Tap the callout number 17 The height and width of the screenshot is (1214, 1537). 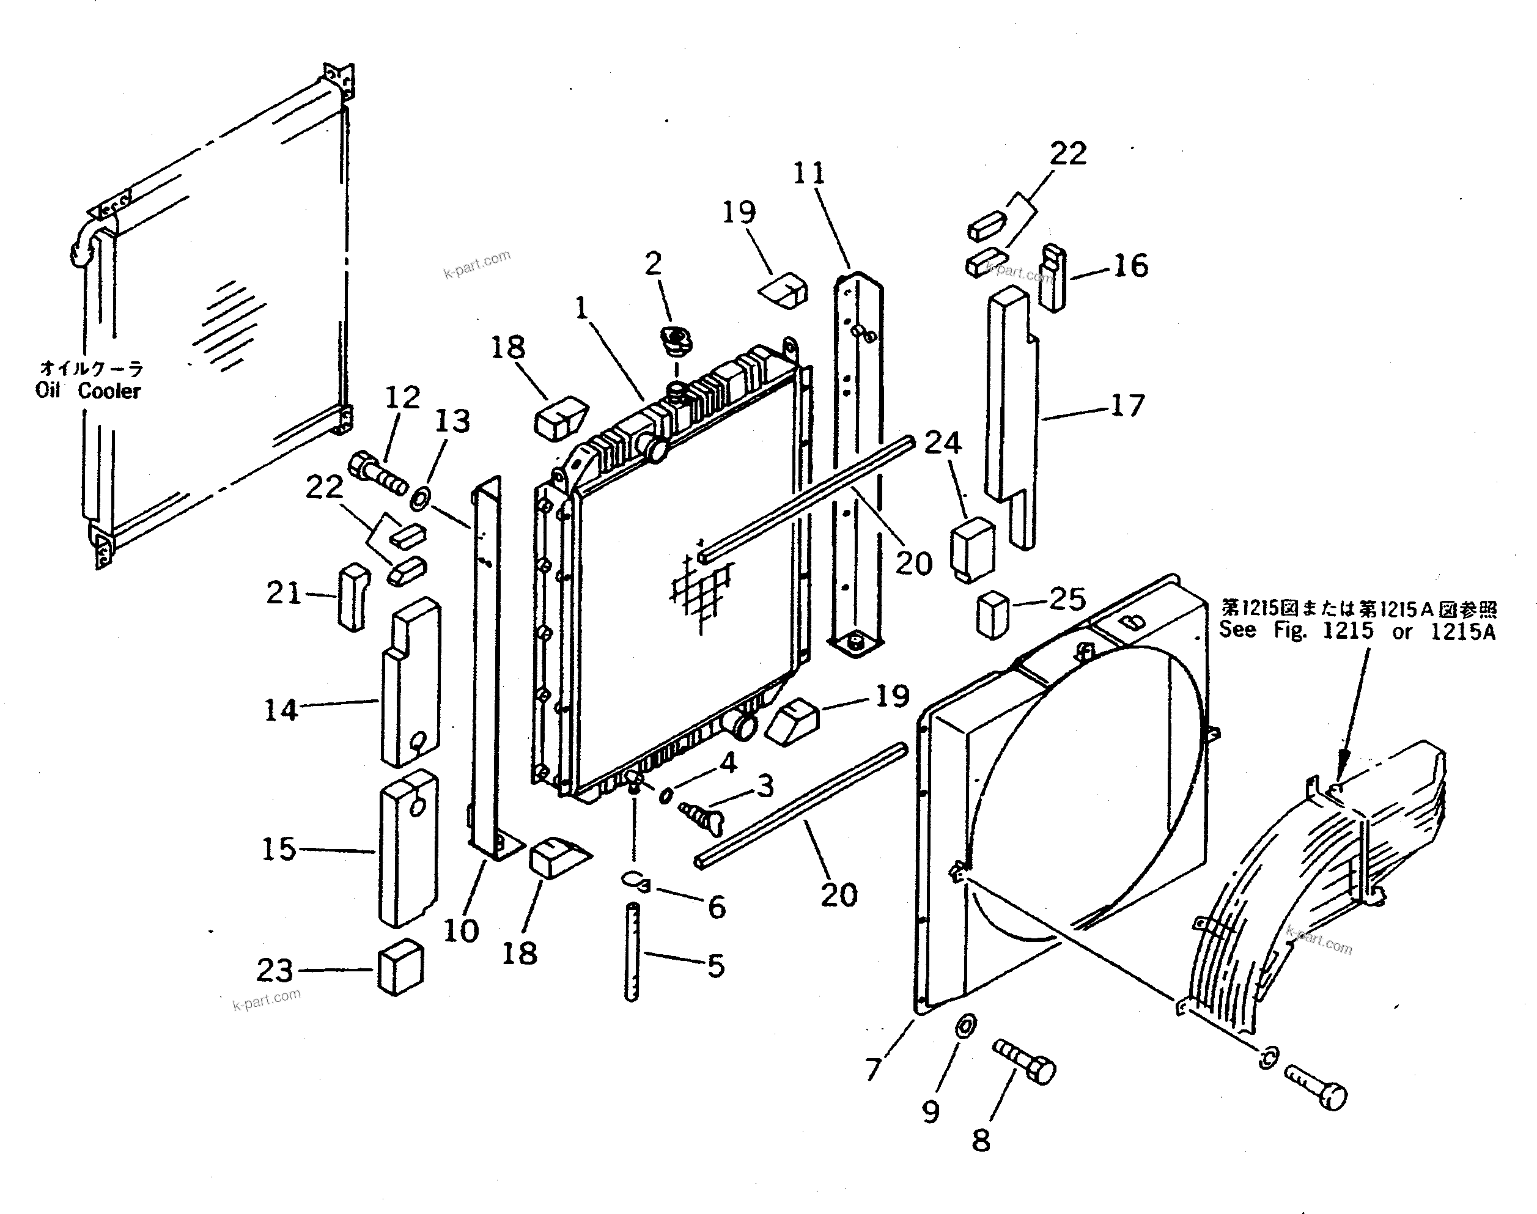(1127, 406)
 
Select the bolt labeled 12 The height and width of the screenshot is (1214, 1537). (377, 472)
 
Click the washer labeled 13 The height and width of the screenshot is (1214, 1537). (420, 498)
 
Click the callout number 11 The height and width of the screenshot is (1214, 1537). (809, 173)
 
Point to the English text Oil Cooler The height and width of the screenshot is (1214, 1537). (88, 391)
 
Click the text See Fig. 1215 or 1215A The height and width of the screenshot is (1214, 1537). (1357, 630)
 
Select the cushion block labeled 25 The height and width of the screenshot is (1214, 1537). (992, 614)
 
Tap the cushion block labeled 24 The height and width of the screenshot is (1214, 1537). (972, 550)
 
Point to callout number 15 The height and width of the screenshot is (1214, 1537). (278, 850)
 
